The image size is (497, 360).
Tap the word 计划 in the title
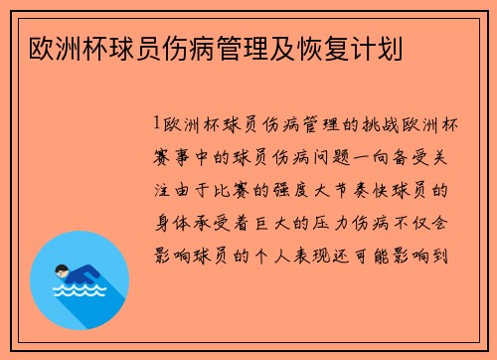click(387, 46)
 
